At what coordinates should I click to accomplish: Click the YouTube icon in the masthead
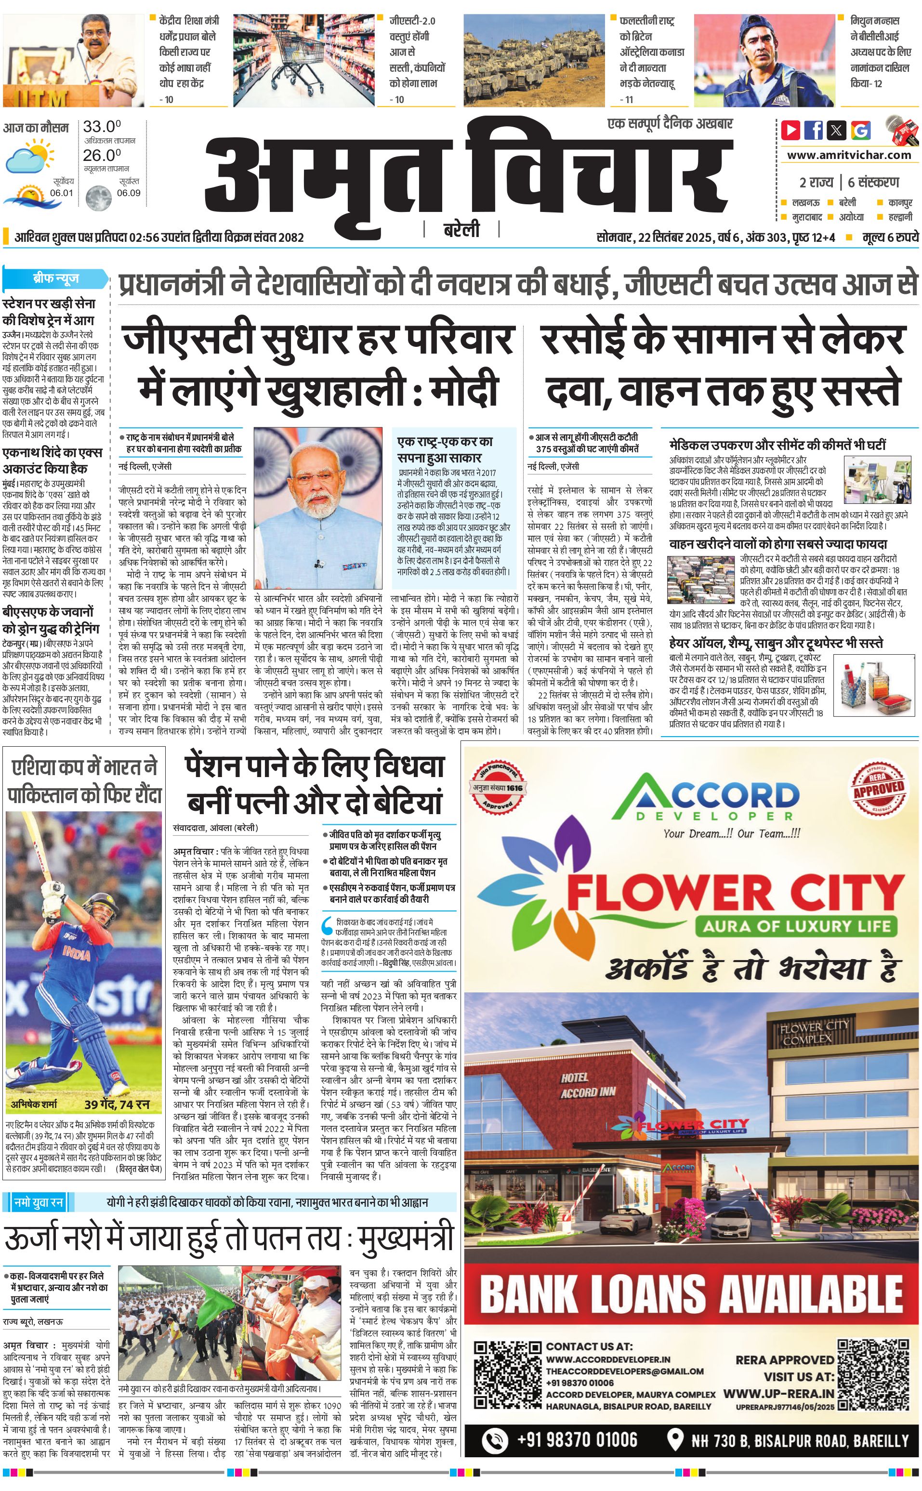791,130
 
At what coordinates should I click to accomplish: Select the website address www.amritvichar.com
849,155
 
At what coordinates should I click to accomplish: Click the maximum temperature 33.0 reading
102,127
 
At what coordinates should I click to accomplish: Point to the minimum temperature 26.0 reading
102,155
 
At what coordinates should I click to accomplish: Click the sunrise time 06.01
62,193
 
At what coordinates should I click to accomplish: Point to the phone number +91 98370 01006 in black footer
577,1440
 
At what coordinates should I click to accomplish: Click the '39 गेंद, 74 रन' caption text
117,1104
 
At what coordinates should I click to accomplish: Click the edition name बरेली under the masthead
461,230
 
